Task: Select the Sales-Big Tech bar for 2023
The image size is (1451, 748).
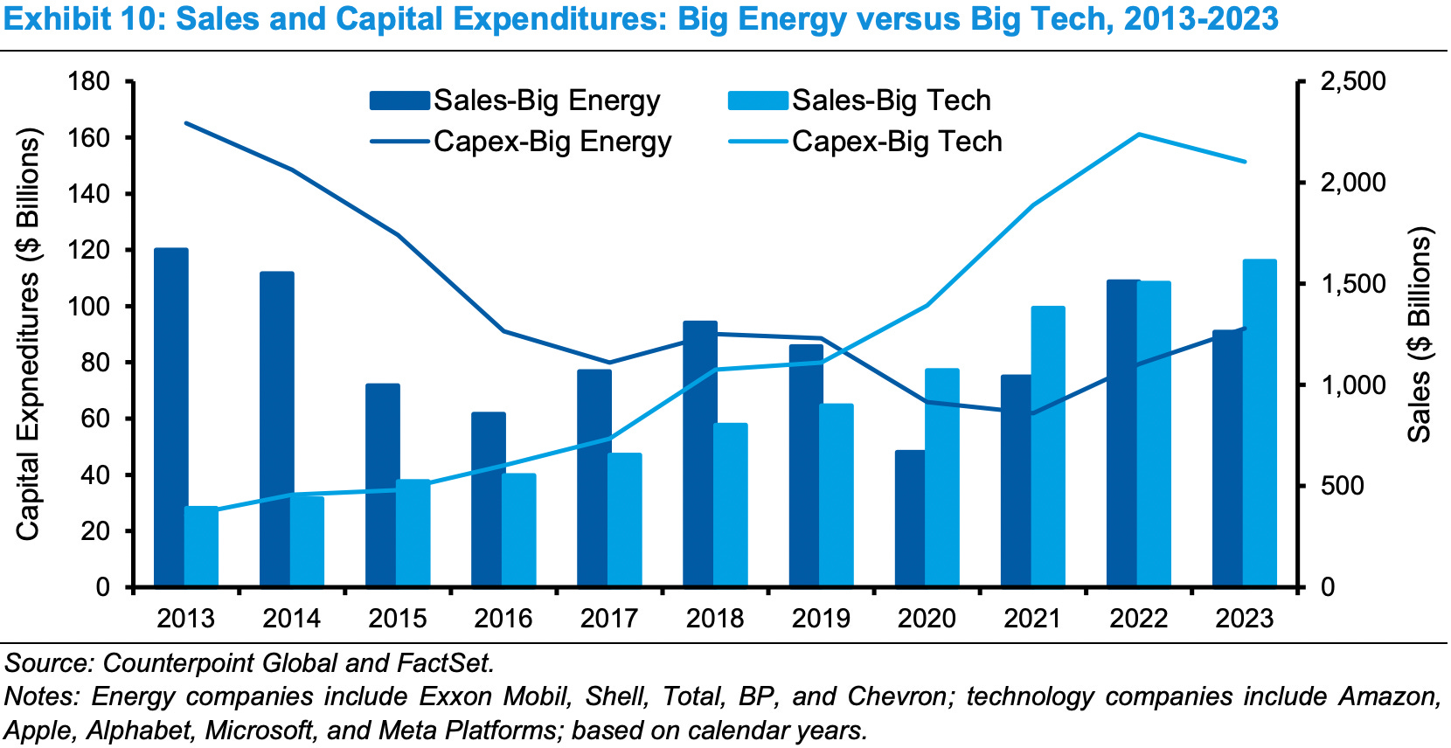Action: [1260, 423]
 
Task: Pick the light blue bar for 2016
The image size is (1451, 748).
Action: [519, 530]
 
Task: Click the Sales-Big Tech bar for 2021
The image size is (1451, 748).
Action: [1048, 446]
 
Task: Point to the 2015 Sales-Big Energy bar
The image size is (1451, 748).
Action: [382, 485]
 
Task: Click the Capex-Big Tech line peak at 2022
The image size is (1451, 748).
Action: [1139, 135]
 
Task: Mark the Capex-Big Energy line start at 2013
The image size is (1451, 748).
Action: [187, 123]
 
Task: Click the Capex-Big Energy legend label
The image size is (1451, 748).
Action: [552, 142]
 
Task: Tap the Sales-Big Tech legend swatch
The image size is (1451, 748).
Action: [758, 100]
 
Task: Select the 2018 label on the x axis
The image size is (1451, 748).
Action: [715, 619]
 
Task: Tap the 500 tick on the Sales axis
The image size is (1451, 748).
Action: [1343, 486]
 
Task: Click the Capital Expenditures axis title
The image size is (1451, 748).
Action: [28, 334]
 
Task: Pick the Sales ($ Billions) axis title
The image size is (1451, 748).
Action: [1420, 334]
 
